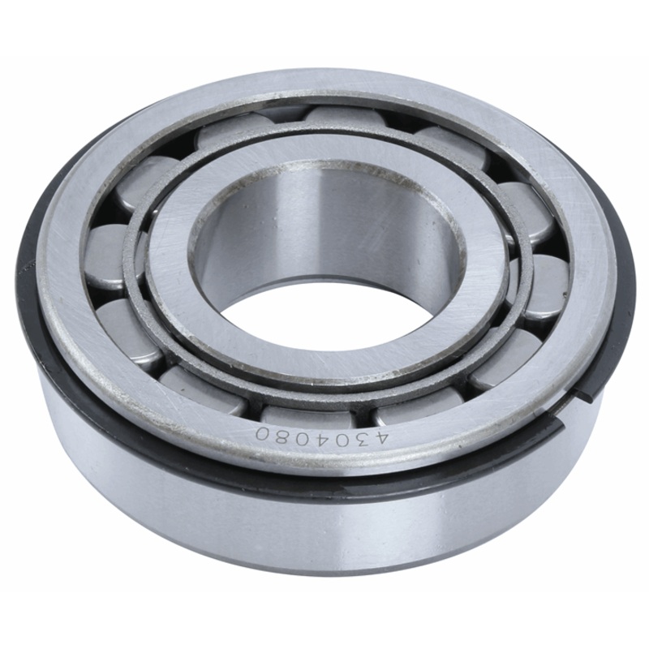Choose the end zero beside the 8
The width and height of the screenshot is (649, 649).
click(261, 433)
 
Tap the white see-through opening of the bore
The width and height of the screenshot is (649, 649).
click(324, 324)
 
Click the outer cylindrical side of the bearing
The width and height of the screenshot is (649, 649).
click(324, 527)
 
